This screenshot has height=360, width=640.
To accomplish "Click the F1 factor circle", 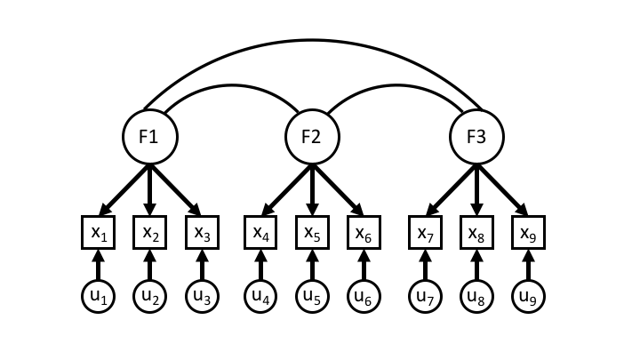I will click(x=150, y=137).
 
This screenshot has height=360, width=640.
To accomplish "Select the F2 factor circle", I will click(x=312, y=137).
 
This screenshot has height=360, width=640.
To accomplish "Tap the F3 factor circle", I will click(x=476, y=137).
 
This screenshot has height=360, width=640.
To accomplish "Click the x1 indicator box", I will click(x=99, y=233).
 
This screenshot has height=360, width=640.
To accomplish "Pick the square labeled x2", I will click(x=150, y=233).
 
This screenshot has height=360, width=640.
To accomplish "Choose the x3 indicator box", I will click(x=202, y=233).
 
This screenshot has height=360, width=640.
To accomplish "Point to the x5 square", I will click(x=312, y=233).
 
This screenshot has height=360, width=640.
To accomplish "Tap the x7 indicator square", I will click(x=425, y=233).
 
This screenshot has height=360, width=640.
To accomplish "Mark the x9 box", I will click(x=528, y=233).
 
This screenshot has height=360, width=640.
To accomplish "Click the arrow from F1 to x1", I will click(x=123, y=188).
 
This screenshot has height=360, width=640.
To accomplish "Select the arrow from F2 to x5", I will click(x=312, y=189).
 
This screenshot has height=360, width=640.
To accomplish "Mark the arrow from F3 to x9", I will click(x=503, y=188).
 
